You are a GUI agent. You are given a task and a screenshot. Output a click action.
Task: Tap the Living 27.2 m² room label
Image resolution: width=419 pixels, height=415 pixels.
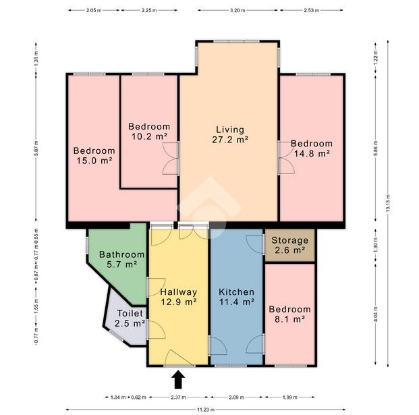tap(230, 134)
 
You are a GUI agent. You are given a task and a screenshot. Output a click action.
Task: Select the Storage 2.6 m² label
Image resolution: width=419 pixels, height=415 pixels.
tap(289, 245)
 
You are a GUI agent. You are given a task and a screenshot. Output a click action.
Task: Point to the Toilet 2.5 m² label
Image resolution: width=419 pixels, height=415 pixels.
tap(130, 318)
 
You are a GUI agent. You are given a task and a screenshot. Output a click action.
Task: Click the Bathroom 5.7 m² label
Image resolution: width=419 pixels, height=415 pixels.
tap(122, 259)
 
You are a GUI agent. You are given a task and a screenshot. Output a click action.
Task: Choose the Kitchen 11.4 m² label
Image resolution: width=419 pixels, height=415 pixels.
tap(237, 297)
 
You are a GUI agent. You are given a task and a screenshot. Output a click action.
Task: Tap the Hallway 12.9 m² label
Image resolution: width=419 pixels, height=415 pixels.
tap(179, 297)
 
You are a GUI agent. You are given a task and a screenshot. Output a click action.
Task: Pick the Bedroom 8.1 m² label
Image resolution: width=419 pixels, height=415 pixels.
tap(289, 314)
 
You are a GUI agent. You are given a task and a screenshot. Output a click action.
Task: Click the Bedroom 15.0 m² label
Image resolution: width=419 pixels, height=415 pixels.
tap(94, 155)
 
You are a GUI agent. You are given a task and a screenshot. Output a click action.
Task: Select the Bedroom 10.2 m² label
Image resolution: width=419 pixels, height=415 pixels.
tap(149, 131)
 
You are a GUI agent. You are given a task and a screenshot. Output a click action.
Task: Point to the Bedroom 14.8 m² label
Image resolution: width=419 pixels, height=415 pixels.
tap(312, 148)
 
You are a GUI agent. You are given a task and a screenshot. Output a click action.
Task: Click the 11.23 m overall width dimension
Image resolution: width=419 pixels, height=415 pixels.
tap(206, 410)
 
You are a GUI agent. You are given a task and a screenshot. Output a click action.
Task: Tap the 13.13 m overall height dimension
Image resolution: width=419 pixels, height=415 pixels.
tap(388, 203)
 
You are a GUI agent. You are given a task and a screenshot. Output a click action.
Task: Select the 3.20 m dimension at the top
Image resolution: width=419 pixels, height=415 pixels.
tap(238, 10)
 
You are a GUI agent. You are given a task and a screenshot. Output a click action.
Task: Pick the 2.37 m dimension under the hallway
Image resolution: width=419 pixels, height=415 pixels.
tap(178, 397)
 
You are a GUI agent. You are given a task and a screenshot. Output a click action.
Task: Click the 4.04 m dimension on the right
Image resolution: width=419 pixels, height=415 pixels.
tap(375, 314)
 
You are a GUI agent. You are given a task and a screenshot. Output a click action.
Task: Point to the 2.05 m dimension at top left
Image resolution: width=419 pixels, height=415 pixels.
tap(94, 10)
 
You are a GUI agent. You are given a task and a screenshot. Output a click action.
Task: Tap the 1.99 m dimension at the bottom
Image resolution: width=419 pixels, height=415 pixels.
tap(289, 397)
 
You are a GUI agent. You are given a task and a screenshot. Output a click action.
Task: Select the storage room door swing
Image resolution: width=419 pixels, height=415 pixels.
tap(254, 244)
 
